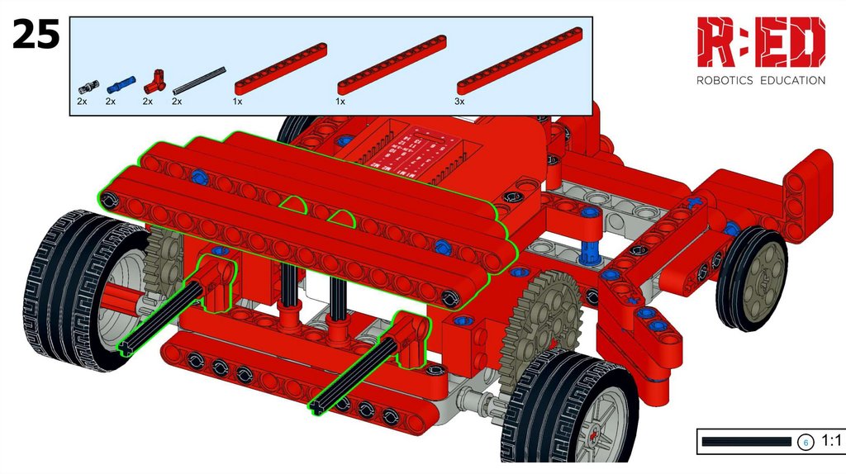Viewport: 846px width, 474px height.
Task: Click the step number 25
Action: click(x=36, y=34)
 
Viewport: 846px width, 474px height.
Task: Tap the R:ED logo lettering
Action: click(x=761, y=42)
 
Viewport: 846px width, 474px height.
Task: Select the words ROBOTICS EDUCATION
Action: click(x=761, y=80)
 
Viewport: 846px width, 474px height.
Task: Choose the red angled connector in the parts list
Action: click(x=154, y=83)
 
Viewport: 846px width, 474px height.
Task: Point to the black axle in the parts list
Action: click(x=198, y=81)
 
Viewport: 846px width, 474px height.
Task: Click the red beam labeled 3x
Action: click(x=520, y=61)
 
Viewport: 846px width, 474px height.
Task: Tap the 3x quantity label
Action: click(x=459, y=101)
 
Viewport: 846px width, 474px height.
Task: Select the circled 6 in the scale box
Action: click(x=806, y=442)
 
